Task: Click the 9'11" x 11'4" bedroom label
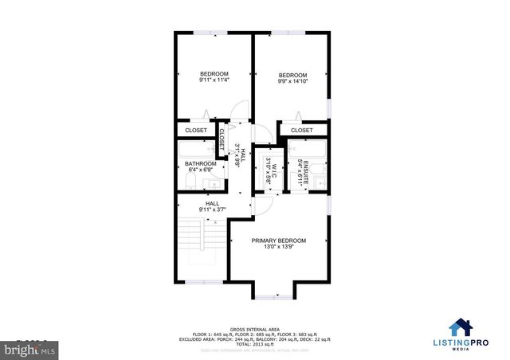click(214, 77)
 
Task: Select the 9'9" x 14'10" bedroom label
click(292, 78)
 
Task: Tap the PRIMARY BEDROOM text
click(279, 241)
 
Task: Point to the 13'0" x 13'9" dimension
click(279, 248)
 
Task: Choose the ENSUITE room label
click(300, 166)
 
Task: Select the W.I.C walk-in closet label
click(269, 168)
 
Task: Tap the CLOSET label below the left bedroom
click(196, 130)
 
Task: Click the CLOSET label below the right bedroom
click(302, 130)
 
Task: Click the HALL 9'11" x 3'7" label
click(213, 207)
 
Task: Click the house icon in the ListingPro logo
click(460, 327)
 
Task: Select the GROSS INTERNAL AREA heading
click(255, 327)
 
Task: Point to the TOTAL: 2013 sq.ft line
click(255, 343)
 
